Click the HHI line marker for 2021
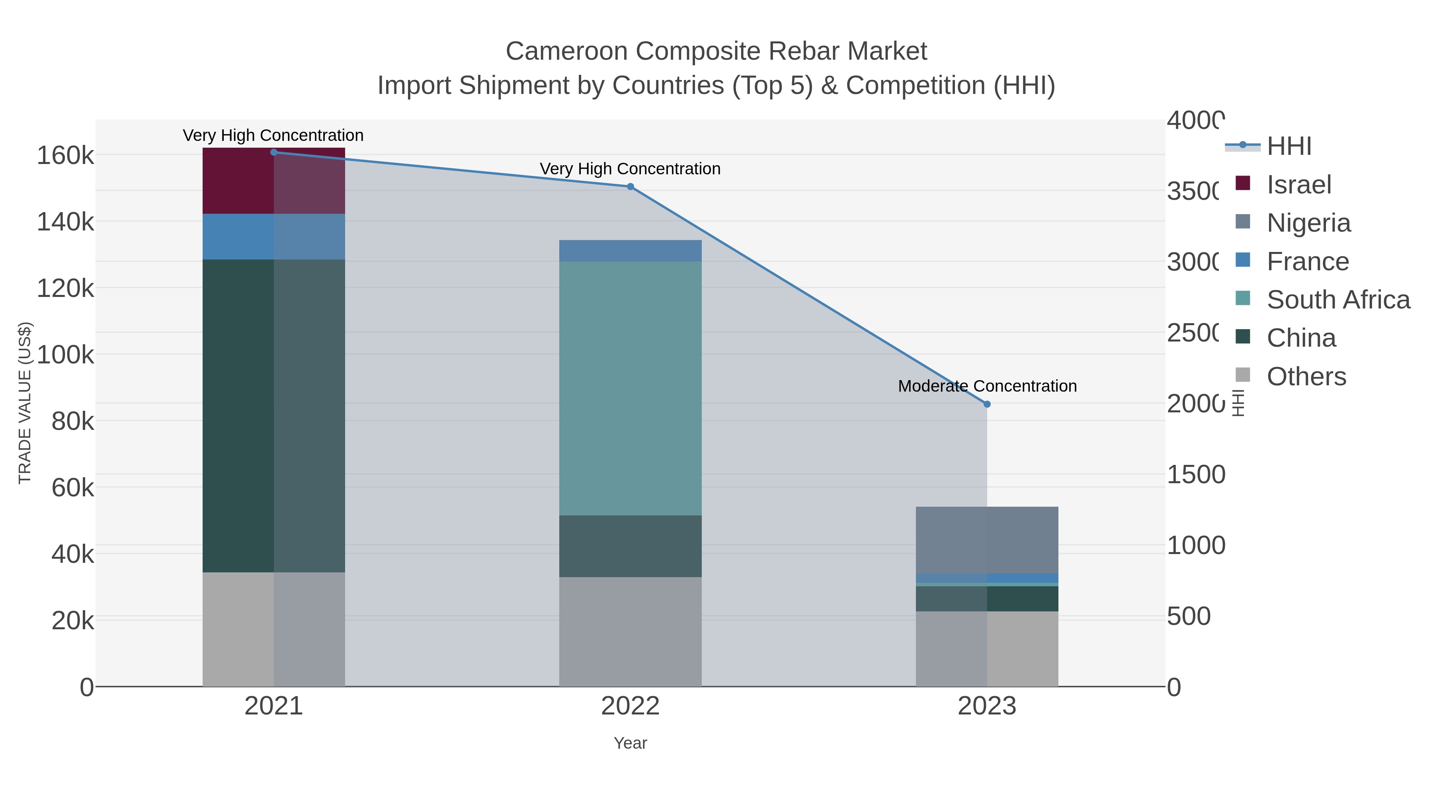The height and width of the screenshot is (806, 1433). (274, 152)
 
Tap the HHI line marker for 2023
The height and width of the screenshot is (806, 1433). (987, 404)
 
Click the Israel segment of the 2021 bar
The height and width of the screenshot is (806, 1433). (274, 181)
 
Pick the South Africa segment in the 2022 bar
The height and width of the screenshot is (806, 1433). (630, 388)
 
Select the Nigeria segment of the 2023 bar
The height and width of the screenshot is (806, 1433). (987, 540)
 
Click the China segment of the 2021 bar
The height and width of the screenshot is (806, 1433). (274, 416)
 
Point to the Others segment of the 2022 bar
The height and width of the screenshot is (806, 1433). (630, 631)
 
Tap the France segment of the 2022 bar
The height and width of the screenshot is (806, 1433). (630, 251)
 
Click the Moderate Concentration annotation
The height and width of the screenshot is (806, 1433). (987, 386)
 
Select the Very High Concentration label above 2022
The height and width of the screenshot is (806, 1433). (630, 168)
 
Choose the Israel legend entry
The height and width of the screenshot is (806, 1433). (1298, 185)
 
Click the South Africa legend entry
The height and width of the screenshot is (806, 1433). (1338, 300)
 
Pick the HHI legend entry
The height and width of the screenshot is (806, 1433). (1289, 146)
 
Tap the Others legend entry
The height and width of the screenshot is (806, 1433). (1306, 377)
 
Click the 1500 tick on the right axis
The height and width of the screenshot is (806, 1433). (1195, 475)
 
